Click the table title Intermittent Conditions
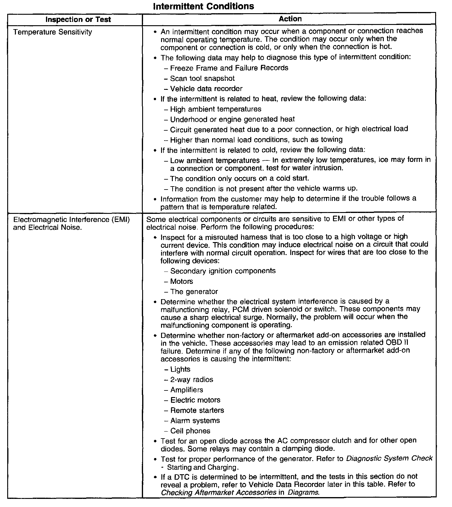pyautogui.click(x=203, y=6)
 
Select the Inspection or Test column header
pyautogui.click(x=78, y=20)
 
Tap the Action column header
pyautogui.click(x=290, y=19)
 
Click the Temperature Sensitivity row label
pyautogui.click(x=53, y=32)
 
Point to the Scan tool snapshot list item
pyautogui.click(x=202, y=78)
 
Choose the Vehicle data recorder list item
pyautogui.click(x=206, y=89)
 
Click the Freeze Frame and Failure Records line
pyautogui.click(x=229, y=68)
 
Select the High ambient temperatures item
pyautogui.click(x=215, y=109)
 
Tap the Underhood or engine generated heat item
pyautogui.click(x=232, y=120)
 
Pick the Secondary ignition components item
pyautogui.click(x=223, y=271)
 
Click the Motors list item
pyautogui.click(x=182, y=281)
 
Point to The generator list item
pyautogui.click(x=194, y=292)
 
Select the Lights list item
pyautogui.click(x=180, y=369)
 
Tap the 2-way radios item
pyautogui.click(x=192, y=380)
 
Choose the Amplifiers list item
pyautogui.click(x=187, y=390)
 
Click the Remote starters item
pyautogui.click(x=197, y=410)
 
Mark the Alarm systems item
pyautogui.click(x=195, y=420)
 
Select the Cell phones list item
pyautogui.click(x=190, y=431)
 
